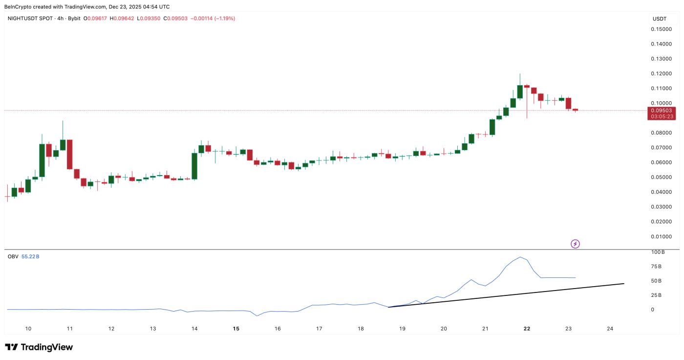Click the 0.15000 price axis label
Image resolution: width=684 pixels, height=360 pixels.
coord(660,29)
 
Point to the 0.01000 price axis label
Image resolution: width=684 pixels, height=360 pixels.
coord(660,237)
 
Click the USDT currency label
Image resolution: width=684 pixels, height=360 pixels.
coord(659,19)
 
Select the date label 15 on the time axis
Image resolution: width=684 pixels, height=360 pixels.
coord(236,329)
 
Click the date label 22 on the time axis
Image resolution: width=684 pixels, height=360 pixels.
coord(527,329)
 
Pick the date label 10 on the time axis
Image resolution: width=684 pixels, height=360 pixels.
coord(28,329)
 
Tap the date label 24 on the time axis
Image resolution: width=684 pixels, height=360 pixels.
coord(610,329)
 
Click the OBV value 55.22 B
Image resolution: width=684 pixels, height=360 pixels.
coord(30,256)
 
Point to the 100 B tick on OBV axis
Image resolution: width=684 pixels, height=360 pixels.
coord(658,252)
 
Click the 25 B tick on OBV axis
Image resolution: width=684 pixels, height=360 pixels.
coord(656,295)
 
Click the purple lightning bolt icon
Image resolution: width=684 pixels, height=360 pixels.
coord(575,244)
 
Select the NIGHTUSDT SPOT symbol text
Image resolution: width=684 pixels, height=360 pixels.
coord(30,19)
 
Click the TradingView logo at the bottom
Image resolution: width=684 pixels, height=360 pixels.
coord(39,347)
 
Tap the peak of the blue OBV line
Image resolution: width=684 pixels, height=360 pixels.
coord(521,257)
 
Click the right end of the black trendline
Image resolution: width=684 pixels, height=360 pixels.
coord(624,283)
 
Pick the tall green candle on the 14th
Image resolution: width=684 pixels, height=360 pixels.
coord(194,166)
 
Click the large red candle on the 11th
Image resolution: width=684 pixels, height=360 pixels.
coord(70,154)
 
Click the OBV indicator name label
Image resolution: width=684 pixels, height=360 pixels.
coord(13,256)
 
